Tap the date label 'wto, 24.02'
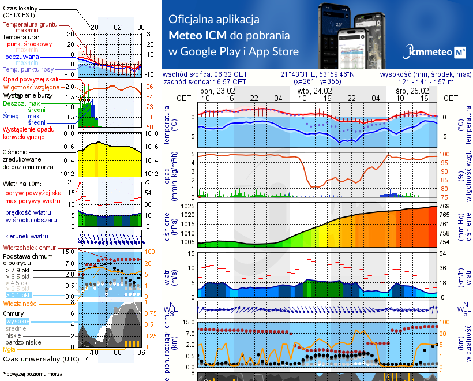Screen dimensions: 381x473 (x=315, y=91)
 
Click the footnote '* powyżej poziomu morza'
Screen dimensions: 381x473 (x=32, y=374)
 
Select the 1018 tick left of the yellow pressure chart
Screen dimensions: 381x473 (x=68, y=133)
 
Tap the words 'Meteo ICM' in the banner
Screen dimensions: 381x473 (x=199, y=35)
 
